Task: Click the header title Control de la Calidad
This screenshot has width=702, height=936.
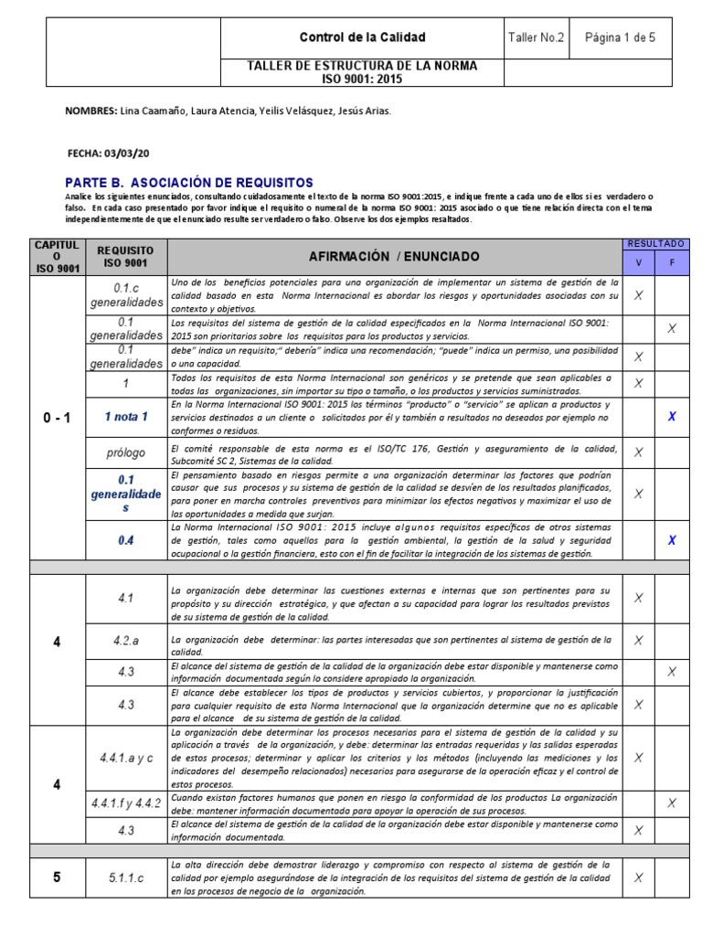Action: point(363,37)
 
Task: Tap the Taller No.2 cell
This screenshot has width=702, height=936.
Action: point(537,37)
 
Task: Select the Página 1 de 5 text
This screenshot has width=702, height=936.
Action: point(620,37)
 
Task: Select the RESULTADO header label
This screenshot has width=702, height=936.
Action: point(656,244)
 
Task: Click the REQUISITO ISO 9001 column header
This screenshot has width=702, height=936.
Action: point(126,257)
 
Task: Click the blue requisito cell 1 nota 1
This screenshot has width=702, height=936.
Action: point(126,416)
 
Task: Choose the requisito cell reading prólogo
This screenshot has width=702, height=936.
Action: point(126,452)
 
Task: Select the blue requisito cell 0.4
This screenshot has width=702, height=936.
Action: point(126,540)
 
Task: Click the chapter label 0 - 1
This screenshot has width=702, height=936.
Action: point(57,418)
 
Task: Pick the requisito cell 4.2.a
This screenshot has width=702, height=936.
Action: point(126,641)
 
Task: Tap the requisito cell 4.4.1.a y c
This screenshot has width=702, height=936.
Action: point(126,759)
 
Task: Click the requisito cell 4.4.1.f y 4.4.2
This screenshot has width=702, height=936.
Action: point(126,803)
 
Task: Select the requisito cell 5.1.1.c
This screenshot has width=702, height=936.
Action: point(126,877)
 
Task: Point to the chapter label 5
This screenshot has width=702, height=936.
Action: point(57,877)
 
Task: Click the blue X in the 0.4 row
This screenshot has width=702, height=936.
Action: point(672,540)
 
